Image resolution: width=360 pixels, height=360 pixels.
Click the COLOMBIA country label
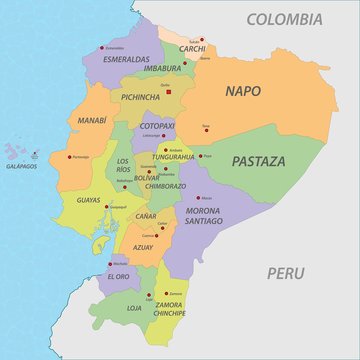tap(285, 19)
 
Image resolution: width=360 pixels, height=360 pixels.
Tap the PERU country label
tap(287, 272)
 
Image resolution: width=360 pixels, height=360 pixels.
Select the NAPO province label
tap(243, 91)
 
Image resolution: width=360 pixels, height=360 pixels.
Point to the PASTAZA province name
tap(258, 160)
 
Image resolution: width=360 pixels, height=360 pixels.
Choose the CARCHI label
tap(192, 48)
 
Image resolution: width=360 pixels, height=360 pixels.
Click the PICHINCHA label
tap(140, 98)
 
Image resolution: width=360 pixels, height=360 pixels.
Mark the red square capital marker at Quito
tap(170, 92)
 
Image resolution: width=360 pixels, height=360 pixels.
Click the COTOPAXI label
tap(156, 126)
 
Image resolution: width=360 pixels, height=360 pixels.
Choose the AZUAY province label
tap(142, 246)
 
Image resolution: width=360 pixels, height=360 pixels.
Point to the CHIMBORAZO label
tap(164, 185)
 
